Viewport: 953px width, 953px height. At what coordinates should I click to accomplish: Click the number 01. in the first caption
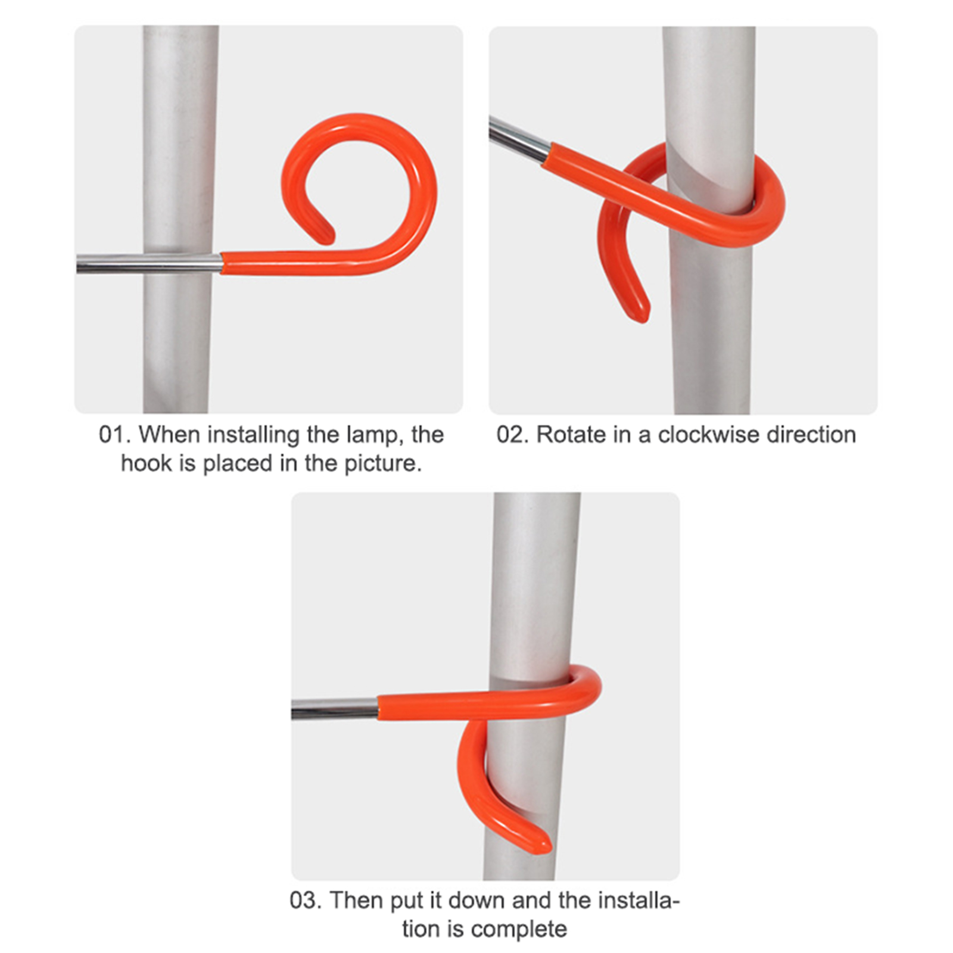coord(114,435)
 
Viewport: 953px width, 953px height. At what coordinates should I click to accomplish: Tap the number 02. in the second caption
coord(513,435)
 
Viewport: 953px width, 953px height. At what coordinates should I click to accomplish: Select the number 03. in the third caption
coord(306,900)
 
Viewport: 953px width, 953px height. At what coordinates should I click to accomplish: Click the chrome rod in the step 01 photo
coord(149,263)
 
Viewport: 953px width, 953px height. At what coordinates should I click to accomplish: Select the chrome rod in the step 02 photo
coord(519,139)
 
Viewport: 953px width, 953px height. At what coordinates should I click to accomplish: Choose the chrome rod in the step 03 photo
coord(335,708)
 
